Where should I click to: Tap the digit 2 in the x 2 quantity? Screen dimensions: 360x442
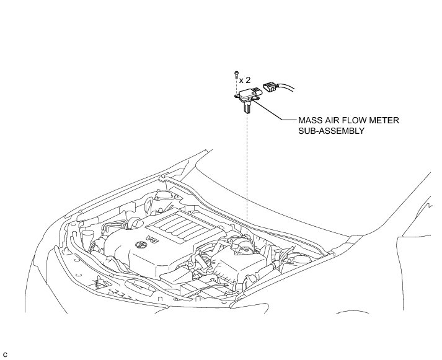coord(249,80)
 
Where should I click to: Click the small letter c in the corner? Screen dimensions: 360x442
coord(5,353)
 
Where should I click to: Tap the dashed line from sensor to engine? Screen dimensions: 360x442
coord(247,173)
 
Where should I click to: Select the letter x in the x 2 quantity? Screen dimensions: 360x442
coord(241,80)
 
